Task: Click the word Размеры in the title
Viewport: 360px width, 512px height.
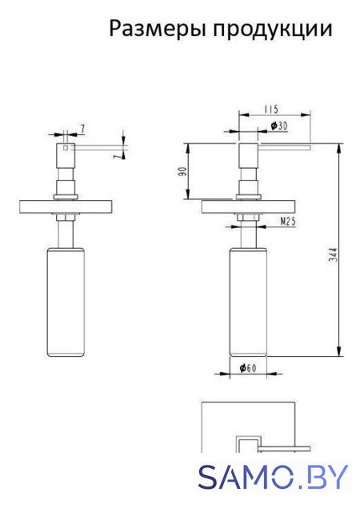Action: click(x=158, y=30)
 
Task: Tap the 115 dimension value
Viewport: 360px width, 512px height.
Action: click(x=271, y=109)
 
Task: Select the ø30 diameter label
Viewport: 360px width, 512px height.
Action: click(x=279, y=126)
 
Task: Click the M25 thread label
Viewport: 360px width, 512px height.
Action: click(x=288, y=222)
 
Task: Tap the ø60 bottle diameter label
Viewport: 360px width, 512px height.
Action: click(x=248, y=368)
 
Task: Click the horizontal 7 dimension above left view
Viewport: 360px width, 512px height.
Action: click(x=82, y=129)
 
